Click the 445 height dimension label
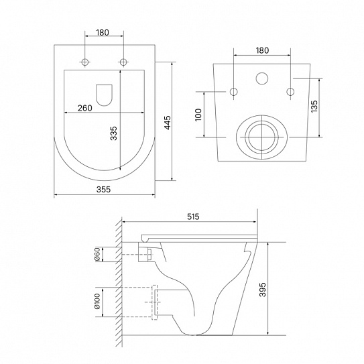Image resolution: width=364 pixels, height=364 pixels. pyautogui.click(x=168, y=123)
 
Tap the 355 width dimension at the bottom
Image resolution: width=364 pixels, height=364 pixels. pyautogui.click(x=103, y=190)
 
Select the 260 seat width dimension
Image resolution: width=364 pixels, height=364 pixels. pyautogui.click(x=84, y=108)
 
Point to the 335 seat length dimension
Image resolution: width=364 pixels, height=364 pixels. pyautogui.click(x=113, y=133)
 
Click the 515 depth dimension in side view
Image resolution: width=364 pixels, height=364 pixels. pyautogui.click(x=193, y=217)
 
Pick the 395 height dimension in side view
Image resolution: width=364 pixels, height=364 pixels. pyautogui.click(x=262, y=290)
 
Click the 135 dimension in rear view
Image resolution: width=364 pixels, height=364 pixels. pyautogui.click(x=314, y=107)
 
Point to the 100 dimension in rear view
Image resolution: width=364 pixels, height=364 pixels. pyautogui.click(x=198, y=115)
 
